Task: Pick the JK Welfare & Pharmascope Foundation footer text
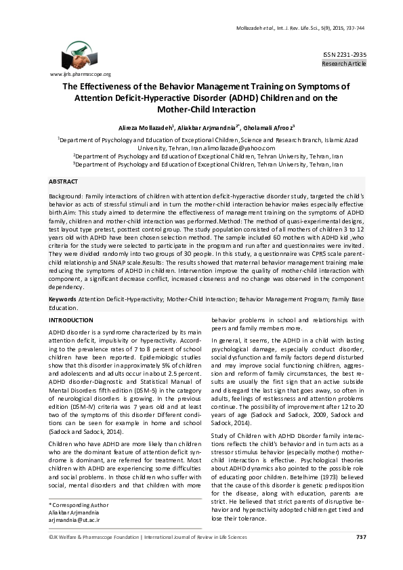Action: click(x=88, y=556)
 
